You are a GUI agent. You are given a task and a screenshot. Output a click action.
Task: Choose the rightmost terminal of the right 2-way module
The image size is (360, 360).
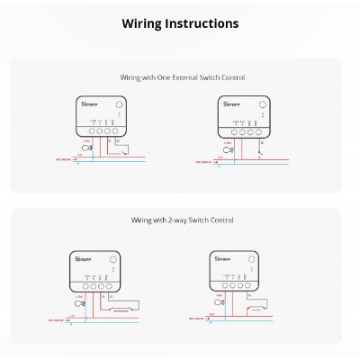pyautogui.click(x=261, y=290)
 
